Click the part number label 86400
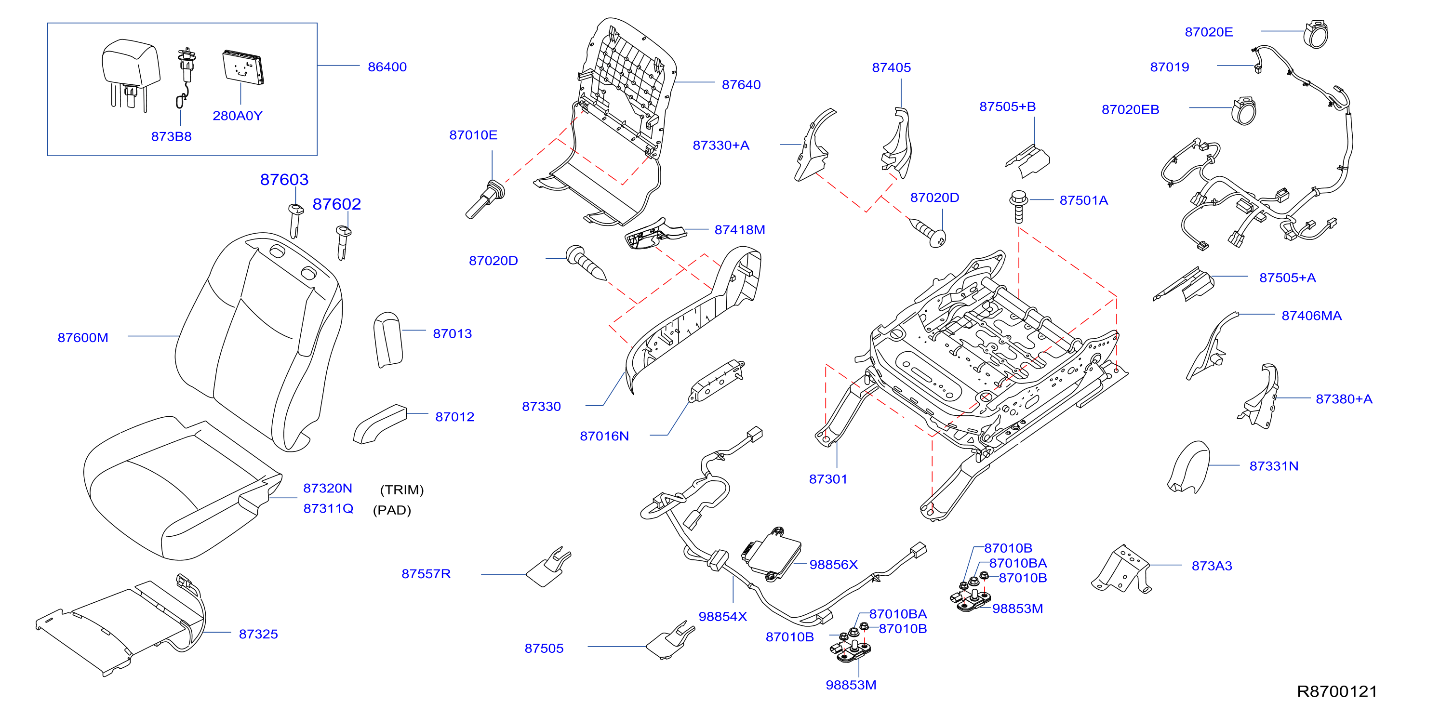click(x=387, y=66)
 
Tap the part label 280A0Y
click(x=238, y=116)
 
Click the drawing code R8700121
click(x=1336, y=691)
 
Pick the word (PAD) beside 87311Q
click(x=392, y=510)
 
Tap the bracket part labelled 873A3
click(x=1121, y=569)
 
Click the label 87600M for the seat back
click(x=83, y=338)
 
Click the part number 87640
click(x=741, y=84)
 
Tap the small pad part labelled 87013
click(x=388, y=339)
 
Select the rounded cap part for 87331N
click(x=1188, y=467)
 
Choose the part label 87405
click(x=891, y=67)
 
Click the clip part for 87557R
click(x=549, y=567)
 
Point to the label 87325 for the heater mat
click(x=258, y=634)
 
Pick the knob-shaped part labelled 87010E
click(x=485, y=199)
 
